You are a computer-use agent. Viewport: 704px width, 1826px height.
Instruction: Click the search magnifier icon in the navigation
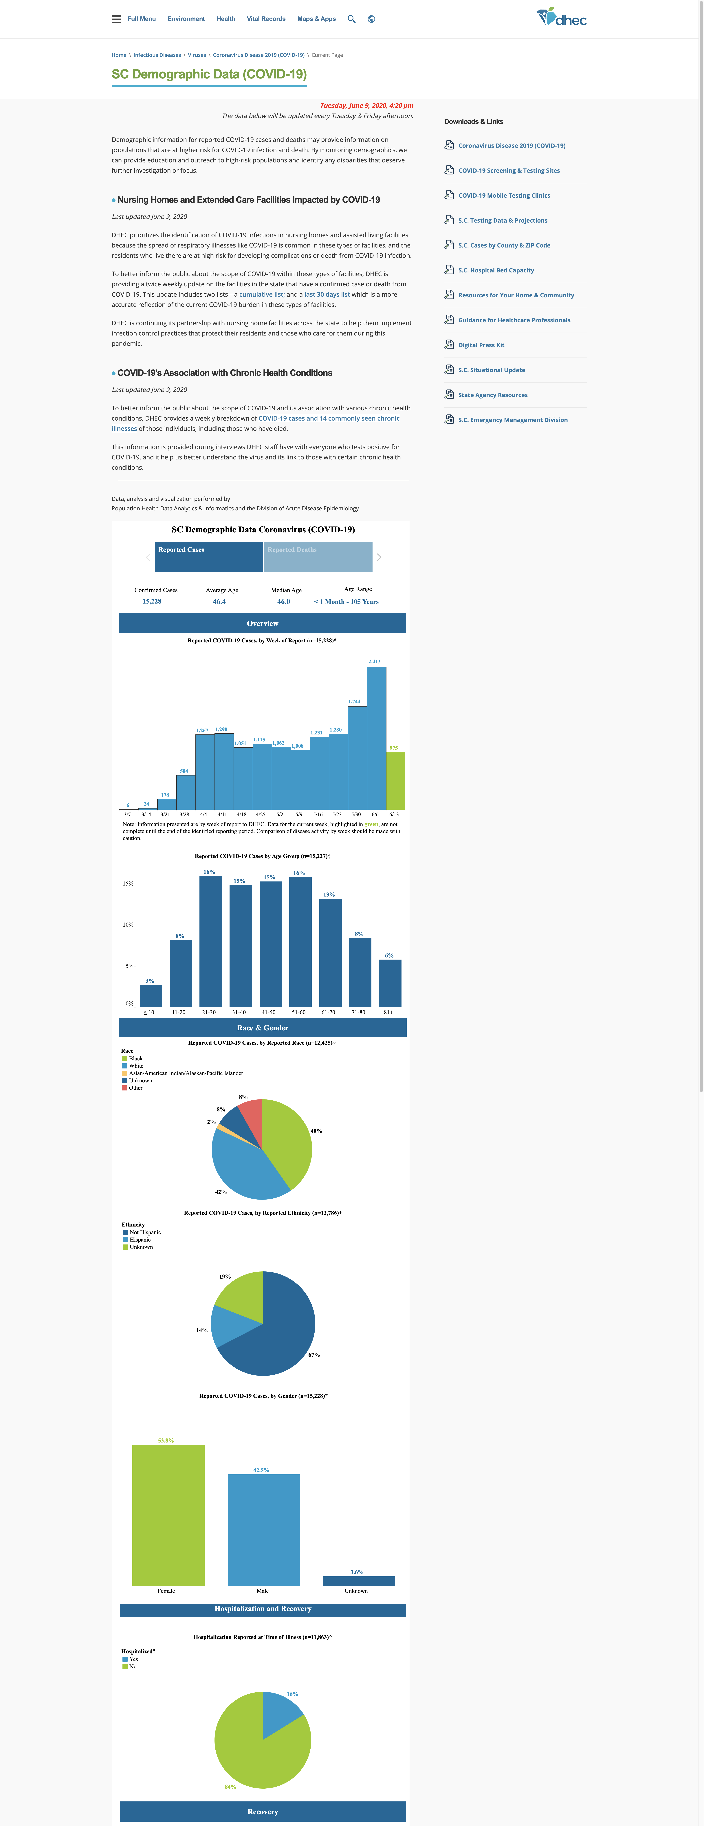pos(351,19)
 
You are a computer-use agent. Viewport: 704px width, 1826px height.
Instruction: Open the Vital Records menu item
pos(266,19)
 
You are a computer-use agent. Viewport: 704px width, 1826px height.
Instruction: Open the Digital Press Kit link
pos(481,345)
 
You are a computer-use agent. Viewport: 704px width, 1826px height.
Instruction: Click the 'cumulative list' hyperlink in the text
pos(261,294)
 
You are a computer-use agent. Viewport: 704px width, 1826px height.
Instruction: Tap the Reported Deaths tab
pos(318,557)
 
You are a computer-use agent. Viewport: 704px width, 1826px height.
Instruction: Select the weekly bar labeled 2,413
pos(376,737)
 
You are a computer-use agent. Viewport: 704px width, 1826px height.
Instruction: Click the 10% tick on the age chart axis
pos(128,924)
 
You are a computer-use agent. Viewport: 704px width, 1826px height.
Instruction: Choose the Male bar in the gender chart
pos(264,1530)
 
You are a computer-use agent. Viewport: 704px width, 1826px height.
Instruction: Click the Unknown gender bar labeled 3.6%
pos(359,1581)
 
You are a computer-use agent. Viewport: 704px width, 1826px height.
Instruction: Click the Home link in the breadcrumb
pos(119,55)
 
